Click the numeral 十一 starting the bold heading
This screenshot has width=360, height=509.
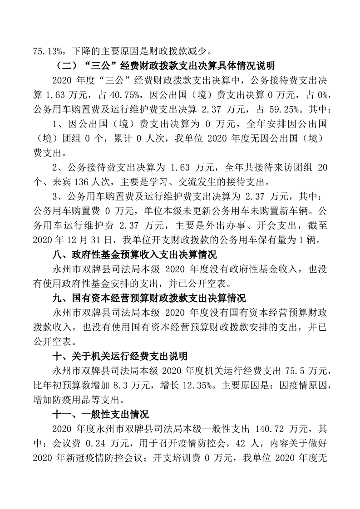[x=62, y=415]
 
